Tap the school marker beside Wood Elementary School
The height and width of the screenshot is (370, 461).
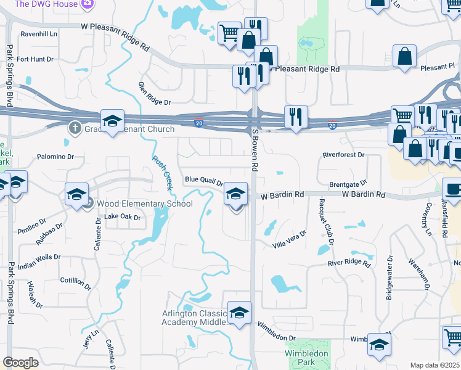pyautogui.click(x=77, y=195)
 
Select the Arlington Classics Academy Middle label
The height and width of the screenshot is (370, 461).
pyautogui.click(x=198, y=318)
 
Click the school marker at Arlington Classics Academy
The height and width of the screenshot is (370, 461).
pyautogui.click(x=240, y=314)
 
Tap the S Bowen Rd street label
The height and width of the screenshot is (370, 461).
pyautogui.click(x=254, y=151)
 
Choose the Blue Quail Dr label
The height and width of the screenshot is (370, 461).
pyautogui.click(x=204, y=181)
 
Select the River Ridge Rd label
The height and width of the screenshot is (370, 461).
pyautogui.click(x=349, y=263)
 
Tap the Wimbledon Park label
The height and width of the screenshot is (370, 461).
pyautogui.click(x=306, y=358)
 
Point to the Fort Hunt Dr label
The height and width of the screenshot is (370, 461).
pyautogui.click(x=35, y=59)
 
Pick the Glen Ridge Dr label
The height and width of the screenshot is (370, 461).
pyautogui.click(x=154, y=93)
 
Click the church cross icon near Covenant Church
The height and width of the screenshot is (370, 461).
pyautogui.click(x=75, y=128)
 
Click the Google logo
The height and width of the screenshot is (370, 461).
pyautogui.click(x=21, y=363)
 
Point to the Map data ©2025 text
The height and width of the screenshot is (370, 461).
pyautogui.click(x=434, y=365)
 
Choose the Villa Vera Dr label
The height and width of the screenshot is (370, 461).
pyautogui.click(x=289, y=240)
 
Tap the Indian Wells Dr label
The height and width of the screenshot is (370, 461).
pyautogui.click(x=40, y=257)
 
